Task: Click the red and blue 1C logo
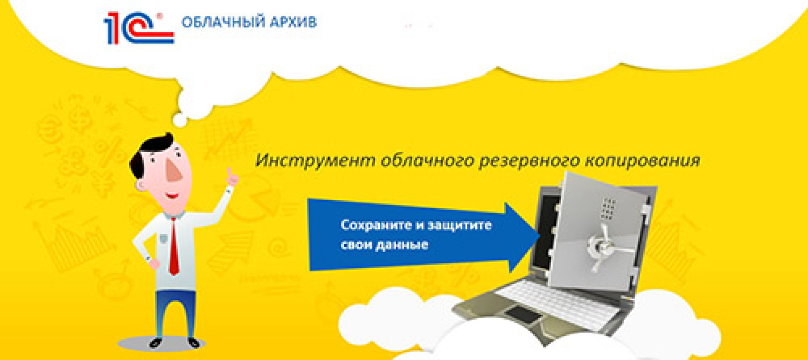(139, 28)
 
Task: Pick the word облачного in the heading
(427, 160)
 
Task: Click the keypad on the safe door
(608, 209)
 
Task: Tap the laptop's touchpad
(523, 315)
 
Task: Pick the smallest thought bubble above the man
(180, 120)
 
